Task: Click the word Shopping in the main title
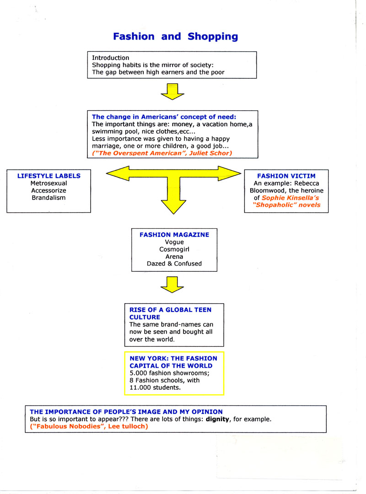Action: pyautogui.click(x=213, y=37)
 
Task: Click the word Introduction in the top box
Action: pyautogui.click(x=110, y=58)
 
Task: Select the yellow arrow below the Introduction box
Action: pyautogui.click(x=172, y=91)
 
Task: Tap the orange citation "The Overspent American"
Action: pyautogui.click(x=162, y=153)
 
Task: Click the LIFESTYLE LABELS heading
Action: pyautogui.click(x=49, y=176)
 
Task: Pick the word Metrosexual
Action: pyautogui.click(x=48, y=183)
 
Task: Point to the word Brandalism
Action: pyautogui.click(x=48, y=198)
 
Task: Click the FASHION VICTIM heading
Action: pyautogui.click(x=286, y=176)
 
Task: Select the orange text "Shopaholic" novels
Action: pyautogui.click(x=286, y=205)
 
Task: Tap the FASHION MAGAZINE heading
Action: pyautogui.click(x=174, y=235)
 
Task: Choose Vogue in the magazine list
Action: pyautogui.click(x=174, y=242)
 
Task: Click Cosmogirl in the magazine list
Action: pyautogui.click(x=174, y=249)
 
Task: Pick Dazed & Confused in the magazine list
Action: pyautogui.click(x=174, y=263)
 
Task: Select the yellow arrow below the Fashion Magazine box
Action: pyautogui.click(x=172, y=285)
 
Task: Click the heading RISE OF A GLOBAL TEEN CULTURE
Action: pyautogui.click(x=170, y=313)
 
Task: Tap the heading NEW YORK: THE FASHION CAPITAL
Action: pyautogui.click(x=173, y=362)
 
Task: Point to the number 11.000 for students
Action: pyautogui.click(x=140, y=387)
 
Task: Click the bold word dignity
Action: pyautogui.click(x=217, y=419)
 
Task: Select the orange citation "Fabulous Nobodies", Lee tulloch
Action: pyautogui.click(x=89, y=426)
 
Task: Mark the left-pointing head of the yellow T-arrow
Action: pyautogui.click(x=118, y=173)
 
